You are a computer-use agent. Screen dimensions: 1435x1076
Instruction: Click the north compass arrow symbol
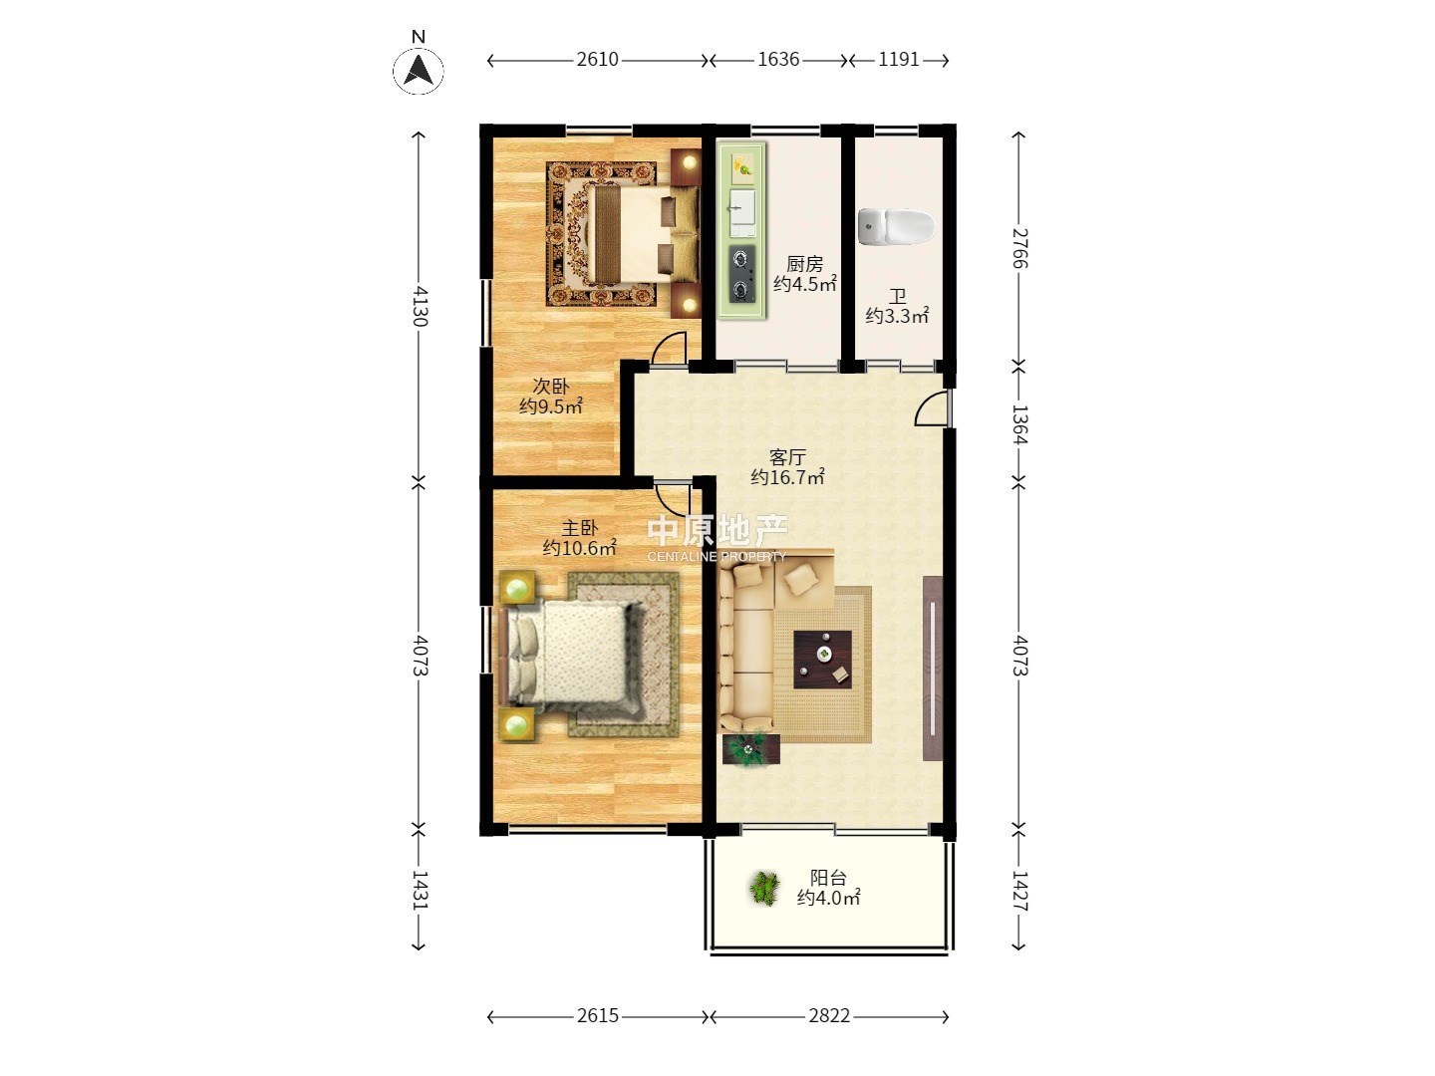[419, 70]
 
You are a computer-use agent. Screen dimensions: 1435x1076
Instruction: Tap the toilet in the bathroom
[896, 227]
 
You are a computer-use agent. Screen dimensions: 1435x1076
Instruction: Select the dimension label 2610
[597, 60]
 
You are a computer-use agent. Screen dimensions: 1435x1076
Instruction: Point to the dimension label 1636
[778, 60]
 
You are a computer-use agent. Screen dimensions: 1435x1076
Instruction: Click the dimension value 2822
[829, 1016]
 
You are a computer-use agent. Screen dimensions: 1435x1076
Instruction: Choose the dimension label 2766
[1019, 248]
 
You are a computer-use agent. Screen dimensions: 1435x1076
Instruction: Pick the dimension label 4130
[420, 306]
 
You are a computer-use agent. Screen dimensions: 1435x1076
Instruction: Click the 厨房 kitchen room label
[804, 264]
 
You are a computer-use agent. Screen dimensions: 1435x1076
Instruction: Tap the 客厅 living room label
[787, 456]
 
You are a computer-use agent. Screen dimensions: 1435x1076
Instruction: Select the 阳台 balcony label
[828, 878]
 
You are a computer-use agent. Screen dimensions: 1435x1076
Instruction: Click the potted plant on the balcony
[764, 889]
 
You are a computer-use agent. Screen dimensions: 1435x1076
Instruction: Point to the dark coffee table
[822, 660]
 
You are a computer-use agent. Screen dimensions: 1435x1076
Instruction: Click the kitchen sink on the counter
[742, 212]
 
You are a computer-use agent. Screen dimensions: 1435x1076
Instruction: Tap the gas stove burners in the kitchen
[742, 274]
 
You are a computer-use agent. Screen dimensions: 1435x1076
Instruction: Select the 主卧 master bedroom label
[579, 528]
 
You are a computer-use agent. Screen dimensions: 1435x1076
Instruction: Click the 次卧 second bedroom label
[550, 387]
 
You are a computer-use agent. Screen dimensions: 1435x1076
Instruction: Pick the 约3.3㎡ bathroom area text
[897, 316]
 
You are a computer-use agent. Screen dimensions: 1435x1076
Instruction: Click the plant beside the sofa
[750, 748]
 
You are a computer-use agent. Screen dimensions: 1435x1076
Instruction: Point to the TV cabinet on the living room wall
[933, 668]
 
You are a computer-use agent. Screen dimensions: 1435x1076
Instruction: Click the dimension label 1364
[1019, 424]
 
